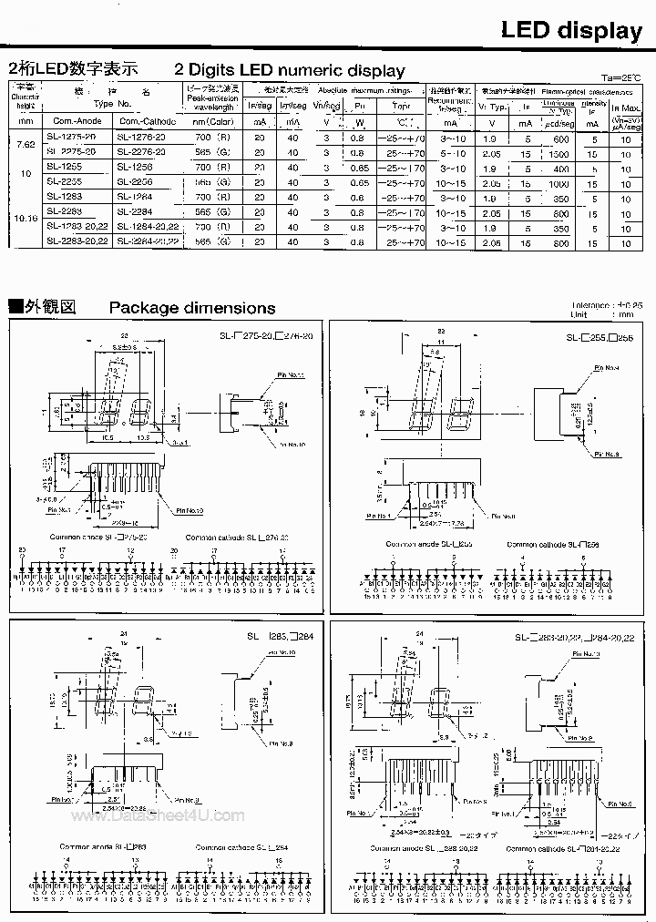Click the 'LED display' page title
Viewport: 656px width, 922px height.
pos(571,30)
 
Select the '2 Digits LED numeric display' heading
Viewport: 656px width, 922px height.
pos(290,70)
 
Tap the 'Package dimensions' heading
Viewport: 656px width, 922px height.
pos(191,308)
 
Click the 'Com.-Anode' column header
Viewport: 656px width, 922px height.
pos(76,122)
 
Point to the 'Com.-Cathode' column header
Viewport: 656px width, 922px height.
pos(143,122)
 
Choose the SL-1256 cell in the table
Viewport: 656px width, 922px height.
pos(134,168)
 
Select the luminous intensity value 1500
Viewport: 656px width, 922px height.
pos(559,154)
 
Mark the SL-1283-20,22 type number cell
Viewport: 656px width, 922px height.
pos(77,226)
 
